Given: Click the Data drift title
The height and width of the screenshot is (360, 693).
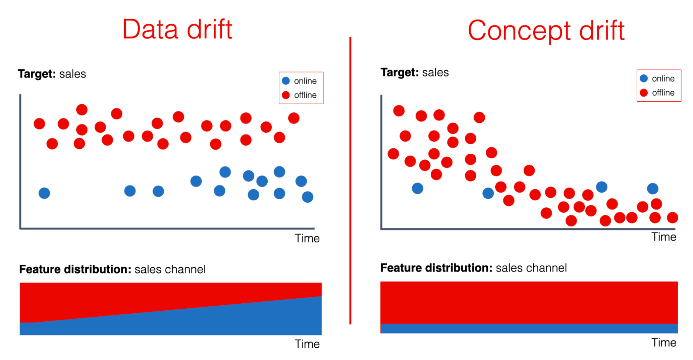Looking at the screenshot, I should (x=177, y=30).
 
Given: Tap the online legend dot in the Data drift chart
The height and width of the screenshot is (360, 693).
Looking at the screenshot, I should (x=286, y=81).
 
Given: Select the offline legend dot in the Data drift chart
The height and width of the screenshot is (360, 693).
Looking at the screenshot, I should (x=286, y=95).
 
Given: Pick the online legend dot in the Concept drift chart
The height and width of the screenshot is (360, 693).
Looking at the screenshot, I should (x=644, y=79).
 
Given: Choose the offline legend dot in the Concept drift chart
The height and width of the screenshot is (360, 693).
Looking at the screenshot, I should (x=644, y=93).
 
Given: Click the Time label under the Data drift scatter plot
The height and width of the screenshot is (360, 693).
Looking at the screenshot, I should (x=307, y=238).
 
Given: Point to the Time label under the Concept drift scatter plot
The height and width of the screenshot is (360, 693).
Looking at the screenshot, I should (x=663, y=237).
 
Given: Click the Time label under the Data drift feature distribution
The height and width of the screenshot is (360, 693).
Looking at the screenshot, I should (x=307, y=344).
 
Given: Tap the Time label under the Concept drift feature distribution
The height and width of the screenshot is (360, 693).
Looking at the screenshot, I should (x=663, y=343).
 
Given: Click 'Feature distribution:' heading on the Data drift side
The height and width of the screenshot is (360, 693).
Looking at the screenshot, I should (x=75, y=269).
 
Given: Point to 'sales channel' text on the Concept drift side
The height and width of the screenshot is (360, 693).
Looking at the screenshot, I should (x=531, y=268).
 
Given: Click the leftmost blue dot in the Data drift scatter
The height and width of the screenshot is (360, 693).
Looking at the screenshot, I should (x=44, y=193).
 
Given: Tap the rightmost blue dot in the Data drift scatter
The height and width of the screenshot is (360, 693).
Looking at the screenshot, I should (x=308, y=197).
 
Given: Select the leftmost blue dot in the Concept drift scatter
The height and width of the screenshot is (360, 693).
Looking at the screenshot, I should (x=417, y=189).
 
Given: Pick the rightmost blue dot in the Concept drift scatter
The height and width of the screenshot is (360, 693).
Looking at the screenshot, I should (x=652, y=189).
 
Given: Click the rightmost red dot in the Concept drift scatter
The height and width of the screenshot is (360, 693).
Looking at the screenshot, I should (x=672, y=218).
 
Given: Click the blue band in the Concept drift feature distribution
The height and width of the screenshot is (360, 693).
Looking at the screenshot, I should (x=529, y=328).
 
